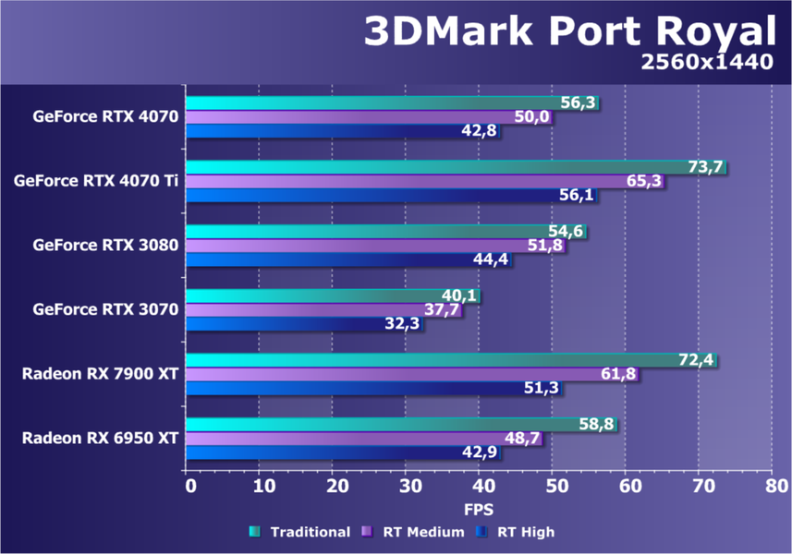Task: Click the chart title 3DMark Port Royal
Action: (x=568, y=32)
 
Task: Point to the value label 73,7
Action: (x=705, y=167)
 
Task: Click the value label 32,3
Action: (x=403, y=324)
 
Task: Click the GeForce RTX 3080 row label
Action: (x=104, y=246)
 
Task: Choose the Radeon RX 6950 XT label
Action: (x=100, y=438)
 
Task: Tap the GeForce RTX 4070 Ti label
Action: (x=96, y=181)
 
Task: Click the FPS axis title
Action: (x=479, y=509)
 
